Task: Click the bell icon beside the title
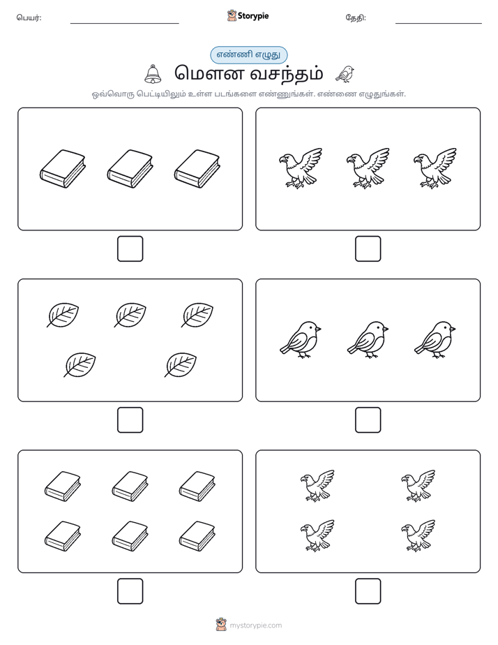pyautogui.click(x=153, y=74)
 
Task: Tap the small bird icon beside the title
pyautogui.click(x=345, y=74)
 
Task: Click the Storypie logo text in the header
pyautogui.click(x=253, y=16)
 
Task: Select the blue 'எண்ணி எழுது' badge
pyautogui.click(x=248, y=54)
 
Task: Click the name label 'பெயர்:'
pyautogui.click(x=29, y=17)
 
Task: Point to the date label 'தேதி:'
pyautogui.click(x=356, y=17)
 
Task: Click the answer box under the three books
pyautogui.click(x=130, y=249)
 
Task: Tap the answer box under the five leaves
pyautogui.click(x=130, y=420)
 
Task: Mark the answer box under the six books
pyautogui.click(x=130, y=591)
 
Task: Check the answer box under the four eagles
pyautogui.click(x=368, y=591)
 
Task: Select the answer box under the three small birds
pyautogui.click(x=368, y=420)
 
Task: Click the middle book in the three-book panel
pyautogui.click(x=130, y=169)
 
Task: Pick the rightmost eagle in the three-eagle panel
pyautogui.click(x=435, y=168)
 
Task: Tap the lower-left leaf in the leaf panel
pyautogui.click(x=80, y=364)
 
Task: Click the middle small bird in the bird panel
pyautogui.click(x=368, y=339)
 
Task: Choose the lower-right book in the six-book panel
pyautogui.click(x=197, y=536)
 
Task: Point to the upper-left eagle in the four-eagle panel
pyautogui.click(x=317, y=486)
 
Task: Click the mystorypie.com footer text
pyautogui.click(x=255, y=625)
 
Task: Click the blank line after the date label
pyautogui.click(x=439, y=23)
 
